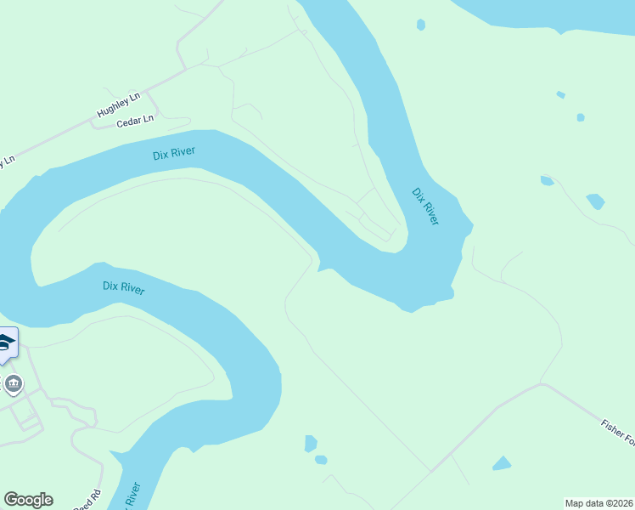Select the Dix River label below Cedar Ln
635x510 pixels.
(174, 153)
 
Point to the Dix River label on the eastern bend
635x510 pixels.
(425, 206)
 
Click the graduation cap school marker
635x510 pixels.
(6, 343)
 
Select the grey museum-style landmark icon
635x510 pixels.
(13, 385)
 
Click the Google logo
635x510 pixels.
(28, 500)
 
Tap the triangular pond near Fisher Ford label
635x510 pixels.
(502, 464)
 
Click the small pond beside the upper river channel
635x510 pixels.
(421, 25)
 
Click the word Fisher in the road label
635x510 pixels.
(612, 428)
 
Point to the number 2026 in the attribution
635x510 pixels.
(621, 503)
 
